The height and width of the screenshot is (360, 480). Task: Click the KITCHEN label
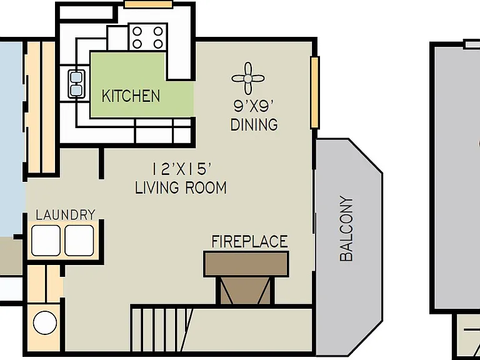point(131,96)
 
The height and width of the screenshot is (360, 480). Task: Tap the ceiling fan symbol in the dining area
point(248,79)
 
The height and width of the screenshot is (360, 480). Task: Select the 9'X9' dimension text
point(254,106)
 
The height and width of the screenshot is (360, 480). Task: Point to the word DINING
point(254,124)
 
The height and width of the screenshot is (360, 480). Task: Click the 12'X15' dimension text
point(182,169)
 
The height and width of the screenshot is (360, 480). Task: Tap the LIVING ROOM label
point(181,187)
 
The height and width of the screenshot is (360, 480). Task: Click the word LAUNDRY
point(66,214)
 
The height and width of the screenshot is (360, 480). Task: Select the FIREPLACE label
point(250,241)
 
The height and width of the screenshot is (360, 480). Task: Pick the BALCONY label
point(346,228)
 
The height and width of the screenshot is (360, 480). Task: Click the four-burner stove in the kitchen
point(148,37)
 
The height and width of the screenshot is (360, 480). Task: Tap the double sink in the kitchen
point(76,84)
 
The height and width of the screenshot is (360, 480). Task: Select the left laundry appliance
point(46,240)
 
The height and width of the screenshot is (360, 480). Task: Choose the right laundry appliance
point(79,240)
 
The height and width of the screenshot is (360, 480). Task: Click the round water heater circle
point(45,322)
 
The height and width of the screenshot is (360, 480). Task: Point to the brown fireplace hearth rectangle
point(246,264)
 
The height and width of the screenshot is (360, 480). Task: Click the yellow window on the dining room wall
point(315,92)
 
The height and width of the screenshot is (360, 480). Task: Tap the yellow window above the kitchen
point(149,4)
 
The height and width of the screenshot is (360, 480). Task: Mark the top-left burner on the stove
point(137,31)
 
